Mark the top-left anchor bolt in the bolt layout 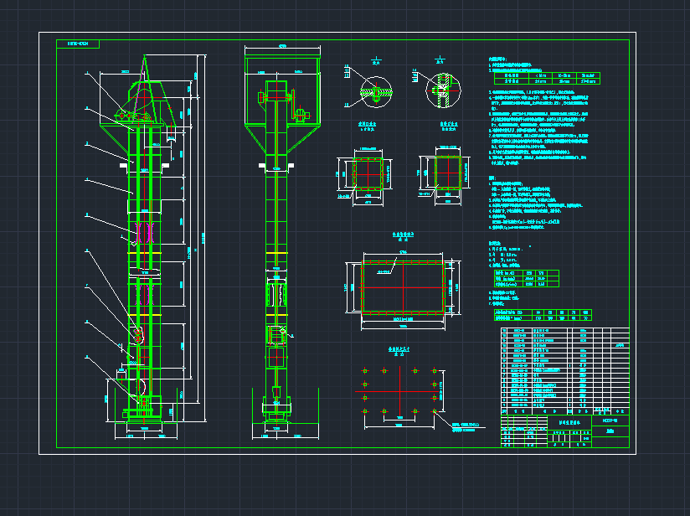[x=365, y=370]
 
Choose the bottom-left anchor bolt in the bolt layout [x=365, y=411]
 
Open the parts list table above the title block [x=563, y=369]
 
